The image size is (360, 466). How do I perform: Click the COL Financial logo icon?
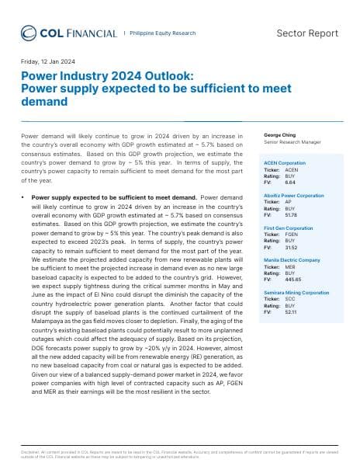coord(29,33)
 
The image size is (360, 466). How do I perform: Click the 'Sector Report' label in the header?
coord(307,33)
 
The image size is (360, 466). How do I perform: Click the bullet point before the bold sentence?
coord(23,199)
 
